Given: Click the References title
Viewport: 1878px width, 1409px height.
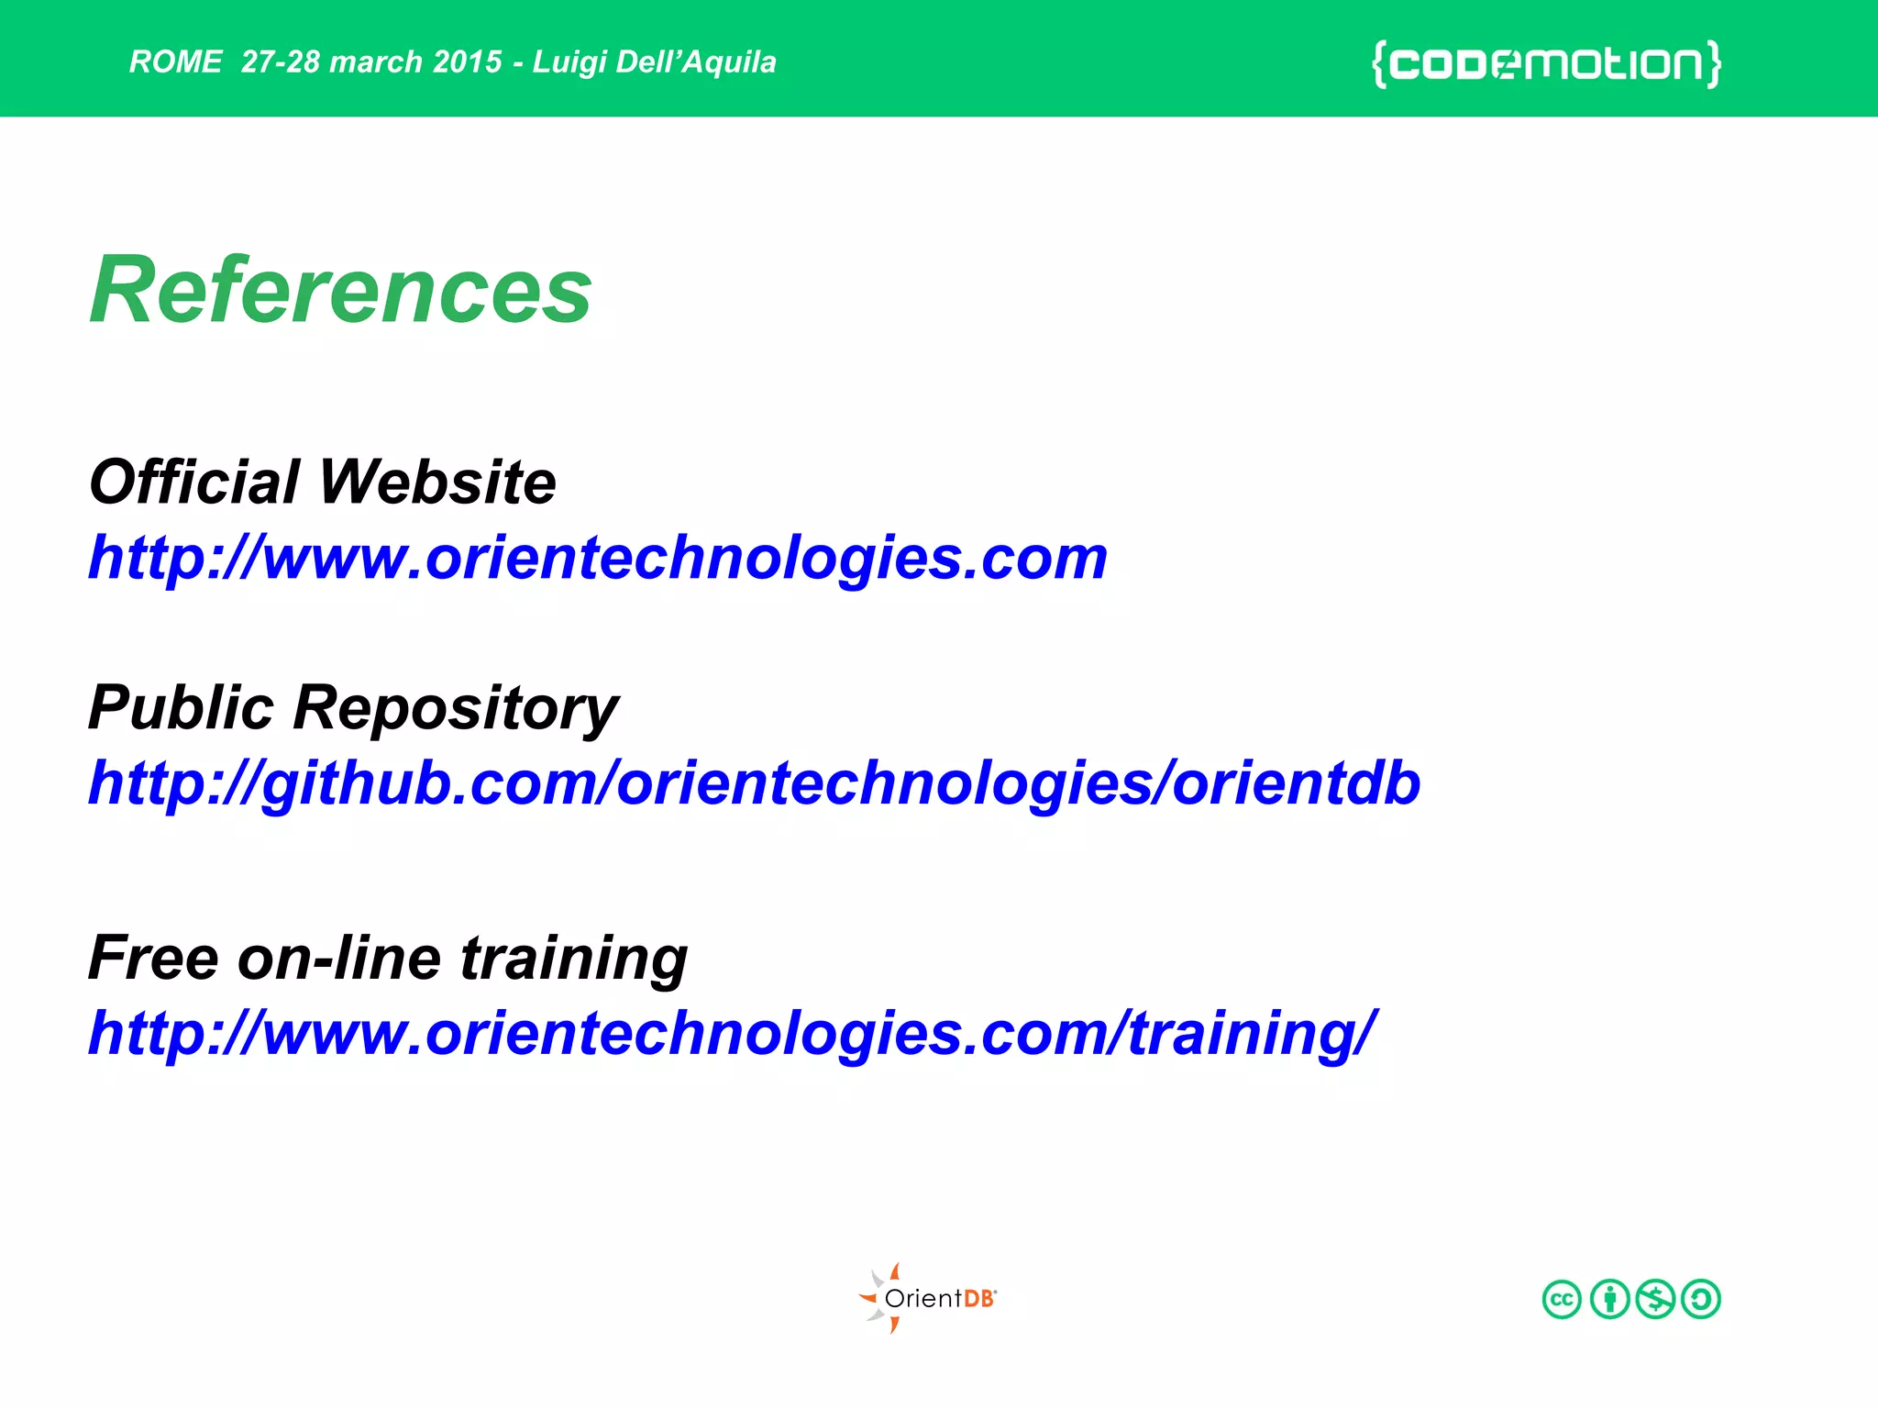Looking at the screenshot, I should pos(340,290).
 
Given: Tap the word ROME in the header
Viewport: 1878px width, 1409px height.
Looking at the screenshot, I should pos(175,61).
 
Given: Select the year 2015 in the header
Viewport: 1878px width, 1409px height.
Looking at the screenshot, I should pos(467,61).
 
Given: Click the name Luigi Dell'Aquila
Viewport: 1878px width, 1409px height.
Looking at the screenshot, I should pos(654,61).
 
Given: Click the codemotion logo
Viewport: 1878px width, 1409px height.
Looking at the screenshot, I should pos(1546,63).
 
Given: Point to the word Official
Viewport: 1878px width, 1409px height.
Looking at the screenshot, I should pos(194,482).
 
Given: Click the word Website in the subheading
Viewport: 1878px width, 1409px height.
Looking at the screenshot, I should pos(437,482).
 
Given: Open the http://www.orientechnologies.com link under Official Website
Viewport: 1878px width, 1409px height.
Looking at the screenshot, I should pos(598,558).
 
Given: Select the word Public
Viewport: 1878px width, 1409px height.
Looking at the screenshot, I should pos(181,707).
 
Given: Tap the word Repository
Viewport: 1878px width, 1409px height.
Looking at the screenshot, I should pos(456,709).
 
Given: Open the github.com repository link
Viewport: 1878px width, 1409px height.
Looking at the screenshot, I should pos(754,783).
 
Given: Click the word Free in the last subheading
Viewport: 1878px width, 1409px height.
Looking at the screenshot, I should pos(153,958).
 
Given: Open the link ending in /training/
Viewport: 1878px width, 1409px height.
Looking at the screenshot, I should pos(732,1033).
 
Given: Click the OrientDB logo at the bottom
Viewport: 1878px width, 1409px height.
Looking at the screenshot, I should pos(928,1298).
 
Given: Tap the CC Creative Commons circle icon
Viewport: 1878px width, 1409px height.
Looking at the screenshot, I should pos(1562,1299).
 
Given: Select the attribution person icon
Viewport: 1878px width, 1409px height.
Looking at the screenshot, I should pos(1609,1299).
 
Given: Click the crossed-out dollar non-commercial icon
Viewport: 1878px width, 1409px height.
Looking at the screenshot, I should pos(1655,1299).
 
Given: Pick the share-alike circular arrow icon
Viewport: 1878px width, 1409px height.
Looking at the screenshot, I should pos(1701,1299).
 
